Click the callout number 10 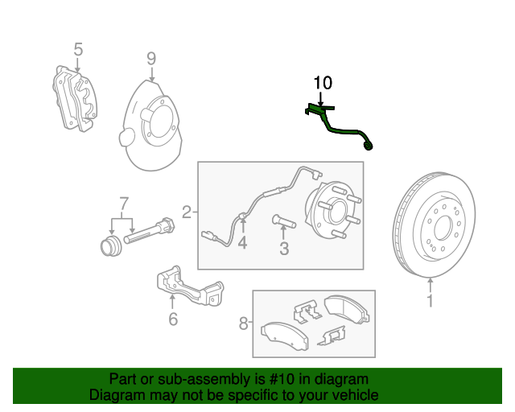322,83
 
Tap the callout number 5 78,50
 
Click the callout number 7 123,201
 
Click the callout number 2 187,213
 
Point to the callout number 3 284,249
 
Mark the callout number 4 241,243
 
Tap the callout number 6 172,319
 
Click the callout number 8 244,324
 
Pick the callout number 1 430,301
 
